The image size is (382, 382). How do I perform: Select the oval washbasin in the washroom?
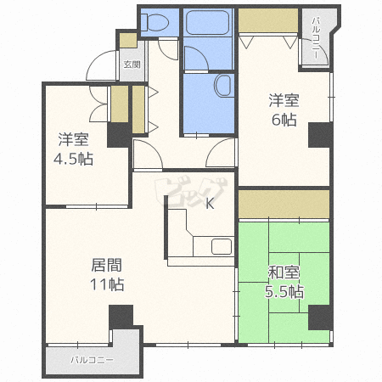223,85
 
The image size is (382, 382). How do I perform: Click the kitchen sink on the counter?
221,247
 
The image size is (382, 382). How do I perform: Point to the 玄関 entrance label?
132,64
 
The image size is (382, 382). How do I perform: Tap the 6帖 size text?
284,121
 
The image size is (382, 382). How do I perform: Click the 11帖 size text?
108,284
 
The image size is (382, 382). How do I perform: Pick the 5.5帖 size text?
284,291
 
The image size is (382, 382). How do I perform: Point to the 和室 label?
284,272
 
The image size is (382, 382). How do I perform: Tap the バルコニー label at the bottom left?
91,361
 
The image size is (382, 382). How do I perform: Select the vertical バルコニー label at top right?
316,38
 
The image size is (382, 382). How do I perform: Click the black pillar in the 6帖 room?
318,136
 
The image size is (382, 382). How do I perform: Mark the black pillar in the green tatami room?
318,317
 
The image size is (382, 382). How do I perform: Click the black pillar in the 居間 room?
121,317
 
